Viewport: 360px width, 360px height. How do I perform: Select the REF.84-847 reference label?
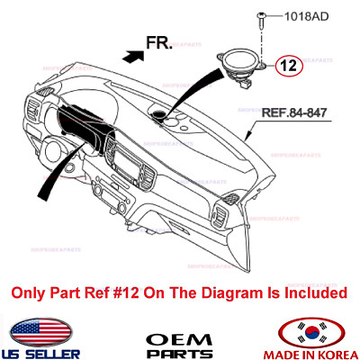tap(297, 113)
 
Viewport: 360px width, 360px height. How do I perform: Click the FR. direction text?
tap(161, 41)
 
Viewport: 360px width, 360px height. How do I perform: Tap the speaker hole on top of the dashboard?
tap(167, 115)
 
